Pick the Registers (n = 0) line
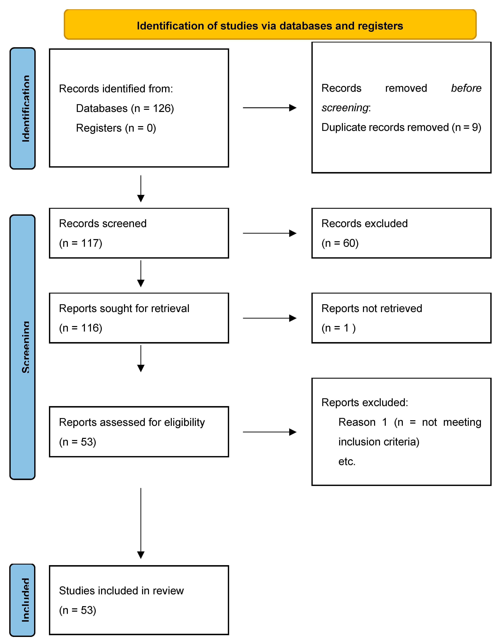[116, 128]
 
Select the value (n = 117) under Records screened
[81, 243]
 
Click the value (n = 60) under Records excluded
[340, 243]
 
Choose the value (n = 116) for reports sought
[81, 328]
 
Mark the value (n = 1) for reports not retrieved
[338, 328]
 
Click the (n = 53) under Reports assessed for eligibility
[78, 442]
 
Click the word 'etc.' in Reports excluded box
[347, 461]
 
